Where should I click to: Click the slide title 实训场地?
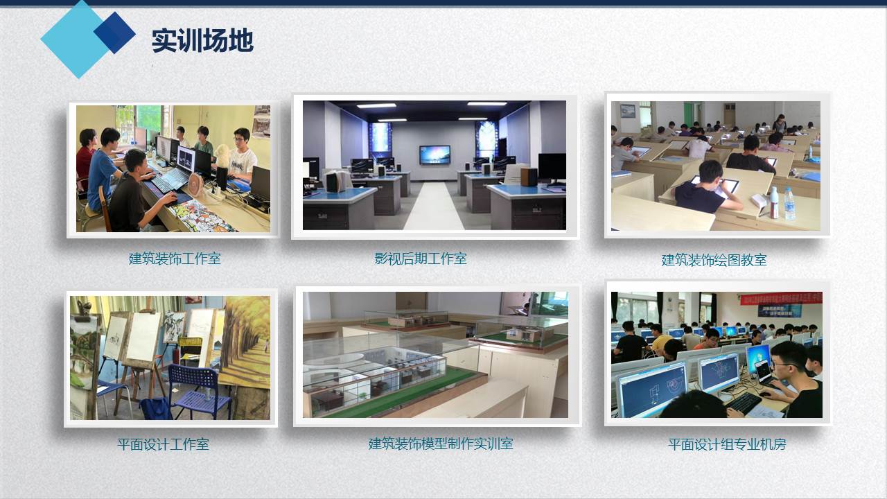(202, 40)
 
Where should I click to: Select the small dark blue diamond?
(115, 33)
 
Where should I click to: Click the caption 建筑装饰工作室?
(175, 259)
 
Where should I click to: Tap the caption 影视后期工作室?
(421, 259)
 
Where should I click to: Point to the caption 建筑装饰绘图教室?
(714, 260)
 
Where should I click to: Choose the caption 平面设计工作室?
(163, 444)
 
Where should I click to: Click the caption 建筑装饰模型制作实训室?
(441, 444)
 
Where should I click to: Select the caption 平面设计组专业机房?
(727, 444)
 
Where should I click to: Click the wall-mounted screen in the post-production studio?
(434, 155)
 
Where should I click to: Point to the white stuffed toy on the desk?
(222, 157)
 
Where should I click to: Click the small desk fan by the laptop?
(195, 185)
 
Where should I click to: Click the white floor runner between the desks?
(434, 206)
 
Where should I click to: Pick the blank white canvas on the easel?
(143, 337)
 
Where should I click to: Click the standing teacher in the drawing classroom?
(780, 123)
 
